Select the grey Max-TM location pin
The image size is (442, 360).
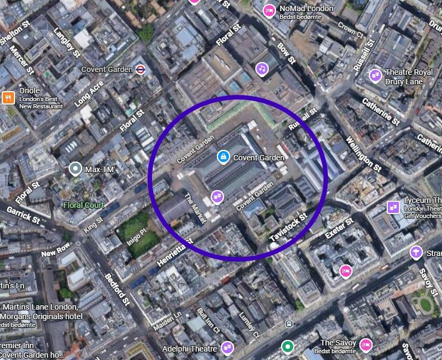click(75, 168)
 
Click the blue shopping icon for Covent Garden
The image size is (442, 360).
click(224, 157)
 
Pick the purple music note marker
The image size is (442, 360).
click(262, 69)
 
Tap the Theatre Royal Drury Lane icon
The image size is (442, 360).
click(376, 74)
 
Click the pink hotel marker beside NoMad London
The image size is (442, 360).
click(269, 10)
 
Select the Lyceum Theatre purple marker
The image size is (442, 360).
click(393, 207)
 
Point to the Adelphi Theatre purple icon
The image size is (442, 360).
click(227, 348)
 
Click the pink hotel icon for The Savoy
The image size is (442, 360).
click(366, 344)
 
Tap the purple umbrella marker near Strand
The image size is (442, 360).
click(416, 252)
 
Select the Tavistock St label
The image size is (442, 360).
click(288, 228)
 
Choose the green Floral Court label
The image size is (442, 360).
click(84, 205)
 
